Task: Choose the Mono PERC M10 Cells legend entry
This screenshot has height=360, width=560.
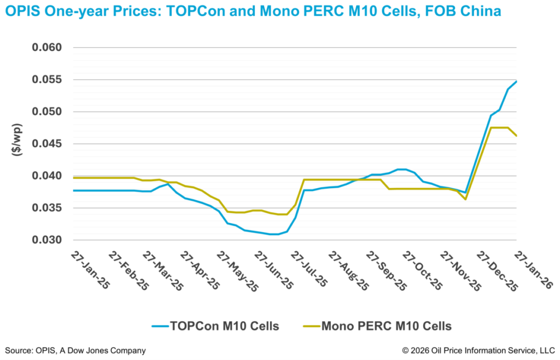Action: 377,327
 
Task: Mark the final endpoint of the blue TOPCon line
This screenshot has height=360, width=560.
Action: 517,82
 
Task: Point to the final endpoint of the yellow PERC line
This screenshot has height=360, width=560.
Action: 517,136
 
